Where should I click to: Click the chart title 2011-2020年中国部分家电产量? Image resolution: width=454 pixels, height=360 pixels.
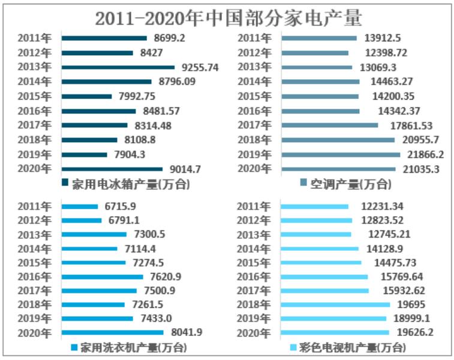(x=228, y=17)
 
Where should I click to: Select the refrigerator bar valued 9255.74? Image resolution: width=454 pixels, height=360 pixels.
(x=118, y=67)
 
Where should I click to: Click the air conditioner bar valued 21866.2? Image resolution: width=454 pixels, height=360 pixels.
(x=341, y=154)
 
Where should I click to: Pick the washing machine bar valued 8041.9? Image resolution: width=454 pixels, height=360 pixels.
(x=112, y=332)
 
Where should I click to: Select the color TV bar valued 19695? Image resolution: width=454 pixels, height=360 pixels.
(x=335, y=304)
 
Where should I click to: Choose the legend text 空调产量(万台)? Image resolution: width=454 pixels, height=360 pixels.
(x=341, y=184)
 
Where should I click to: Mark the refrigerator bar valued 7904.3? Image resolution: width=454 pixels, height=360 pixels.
(x=85, y=154)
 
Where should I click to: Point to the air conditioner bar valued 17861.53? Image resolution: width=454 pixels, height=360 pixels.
(x=330, y=125)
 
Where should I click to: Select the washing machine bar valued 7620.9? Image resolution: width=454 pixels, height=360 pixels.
(x=103, y=277)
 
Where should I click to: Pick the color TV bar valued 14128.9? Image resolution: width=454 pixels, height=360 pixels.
(x=320, y=248)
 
